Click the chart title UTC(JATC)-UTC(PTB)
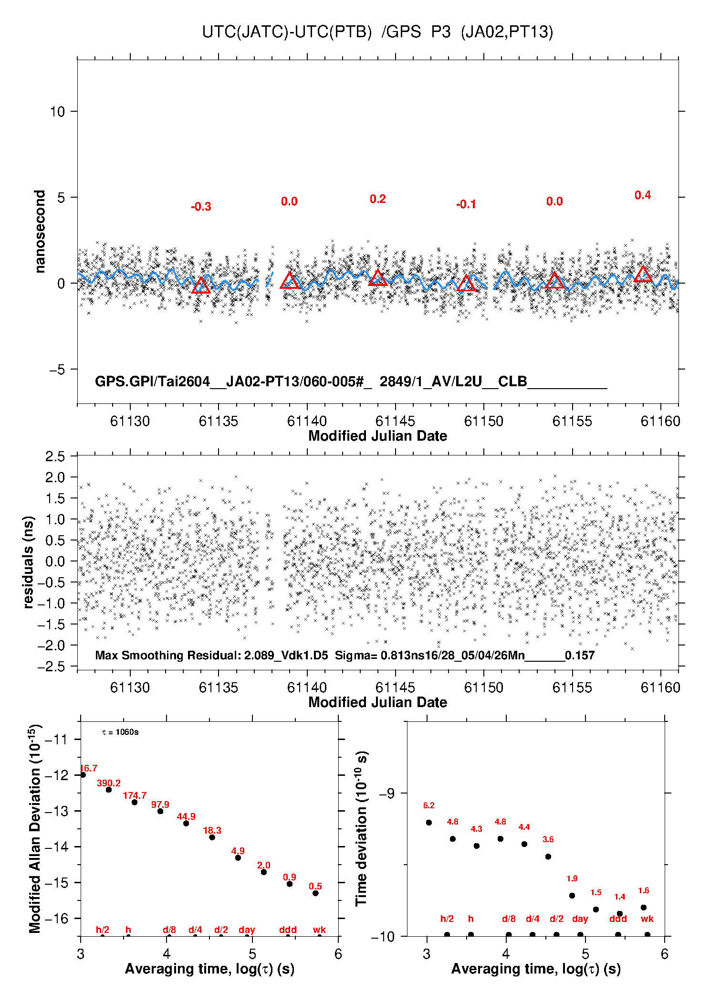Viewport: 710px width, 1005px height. (x=287, y=32)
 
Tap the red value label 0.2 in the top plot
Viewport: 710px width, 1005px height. (x=377, y=199)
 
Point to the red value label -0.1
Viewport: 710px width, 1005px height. (x=466, y=204)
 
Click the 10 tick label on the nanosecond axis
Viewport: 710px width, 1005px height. (x=57, y=111)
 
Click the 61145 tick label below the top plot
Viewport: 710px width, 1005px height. (x=395, y=421)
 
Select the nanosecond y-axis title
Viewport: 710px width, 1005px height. (x=40, y=232)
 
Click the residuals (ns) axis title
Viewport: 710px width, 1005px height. (x=28, y=562)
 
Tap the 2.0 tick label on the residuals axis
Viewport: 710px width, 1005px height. (x=55, y=477)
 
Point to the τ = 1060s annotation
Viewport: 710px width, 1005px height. (x=120, y=732)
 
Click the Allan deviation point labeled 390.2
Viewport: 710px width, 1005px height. (x=109, y=790)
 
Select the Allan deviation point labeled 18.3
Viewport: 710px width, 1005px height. (x=212, y=837)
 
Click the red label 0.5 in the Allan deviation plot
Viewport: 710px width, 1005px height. (x=315, y=886)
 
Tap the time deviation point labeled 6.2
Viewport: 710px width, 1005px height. (x=429, y=822)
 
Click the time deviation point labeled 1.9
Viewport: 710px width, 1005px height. (x=572, y=895)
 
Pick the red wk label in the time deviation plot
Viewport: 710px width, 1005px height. (x=647, y=919)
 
